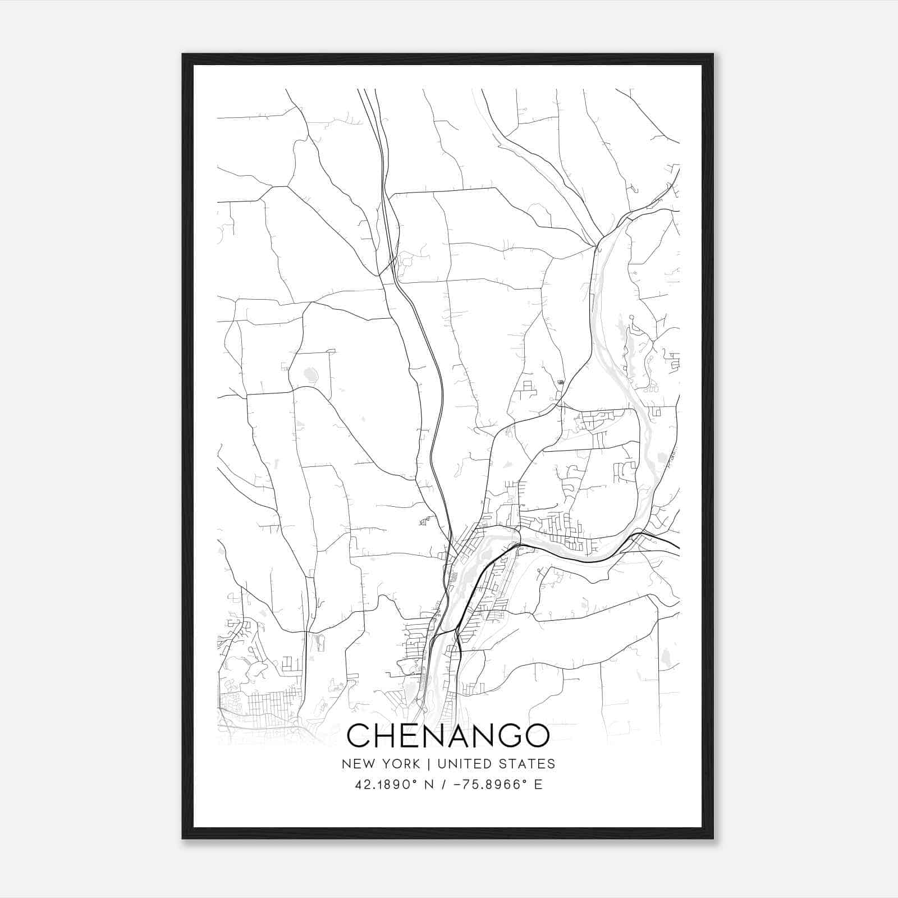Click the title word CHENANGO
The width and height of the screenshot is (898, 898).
(448, 736)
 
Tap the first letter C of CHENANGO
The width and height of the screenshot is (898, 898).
(359, 736)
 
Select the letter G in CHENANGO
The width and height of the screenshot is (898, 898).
(506, 736)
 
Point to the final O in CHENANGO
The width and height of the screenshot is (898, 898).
(536, 736)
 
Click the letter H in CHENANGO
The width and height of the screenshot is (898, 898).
(386, 736)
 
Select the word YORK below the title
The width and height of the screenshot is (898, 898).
(399, 764)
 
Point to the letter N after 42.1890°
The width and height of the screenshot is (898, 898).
(429, 785)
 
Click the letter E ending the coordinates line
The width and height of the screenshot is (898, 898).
(538, 785)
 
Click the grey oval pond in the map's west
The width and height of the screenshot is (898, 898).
(310, 374)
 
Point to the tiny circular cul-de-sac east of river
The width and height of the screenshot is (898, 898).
(632, 318)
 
